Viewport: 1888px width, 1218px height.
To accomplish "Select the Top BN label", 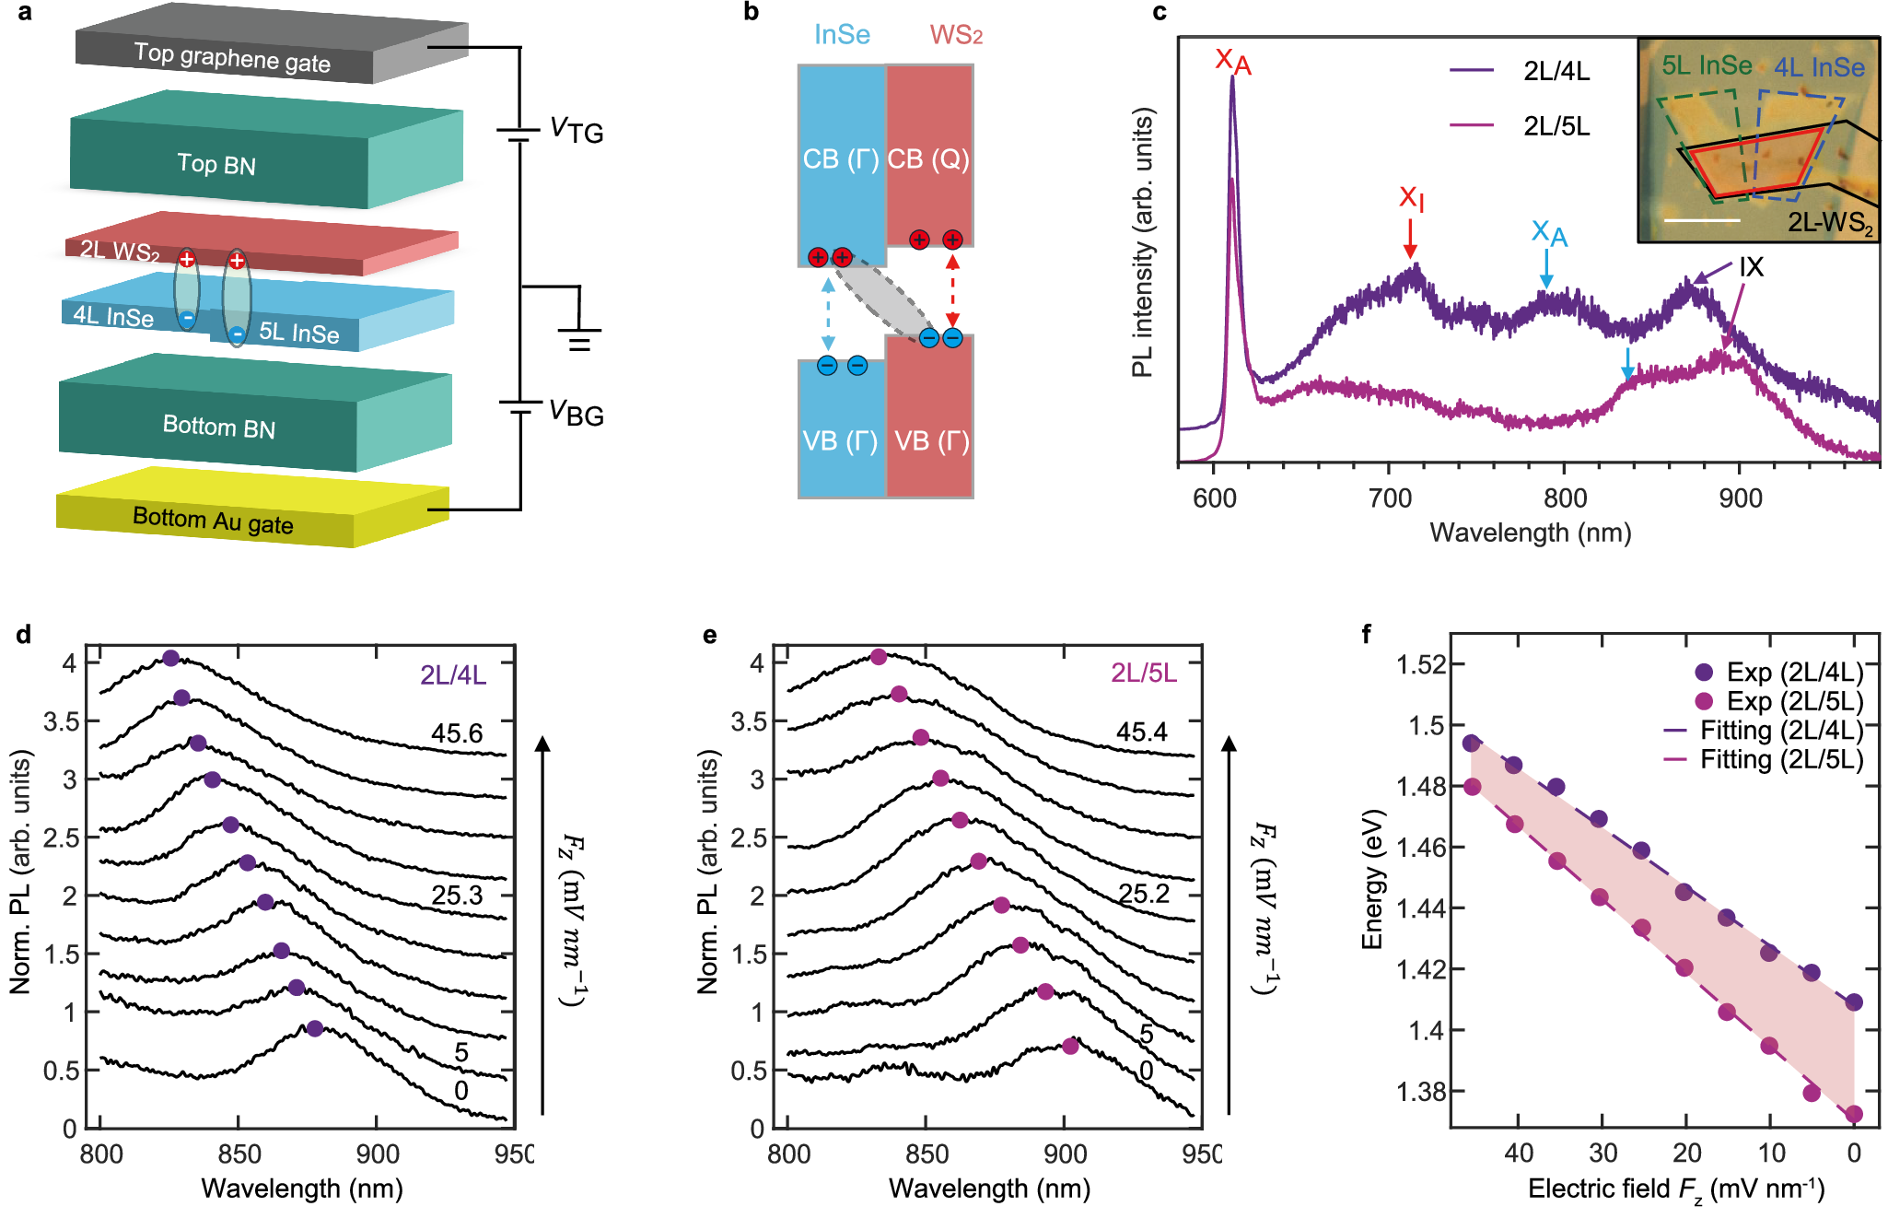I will pos(216,164).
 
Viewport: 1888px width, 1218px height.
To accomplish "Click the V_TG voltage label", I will pos(576,131).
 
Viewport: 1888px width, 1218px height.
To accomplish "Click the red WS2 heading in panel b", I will pos(955,35).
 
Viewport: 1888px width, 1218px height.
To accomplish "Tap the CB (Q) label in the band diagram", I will pos(928,159).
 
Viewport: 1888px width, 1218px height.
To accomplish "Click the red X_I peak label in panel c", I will pos(1411,197).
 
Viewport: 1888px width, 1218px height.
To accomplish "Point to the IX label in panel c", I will pos(1751,267).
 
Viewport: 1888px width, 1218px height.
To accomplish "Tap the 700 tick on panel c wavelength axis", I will pos(1390,498).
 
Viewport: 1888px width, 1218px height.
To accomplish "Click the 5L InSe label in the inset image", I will pos(1707,65).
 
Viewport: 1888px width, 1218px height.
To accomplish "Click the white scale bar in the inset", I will pos(1702,220).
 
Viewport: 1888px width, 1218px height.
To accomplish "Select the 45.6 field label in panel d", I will pos(457,733).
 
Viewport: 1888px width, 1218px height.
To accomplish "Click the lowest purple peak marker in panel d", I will pos(315,1028).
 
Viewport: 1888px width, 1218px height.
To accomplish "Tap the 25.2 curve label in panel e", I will pos(1144,893).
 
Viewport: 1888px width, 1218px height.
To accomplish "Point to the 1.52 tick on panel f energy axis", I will pos(1420,664).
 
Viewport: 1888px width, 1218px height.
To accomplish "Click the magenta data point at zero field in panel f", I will pos(1854,1114).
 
